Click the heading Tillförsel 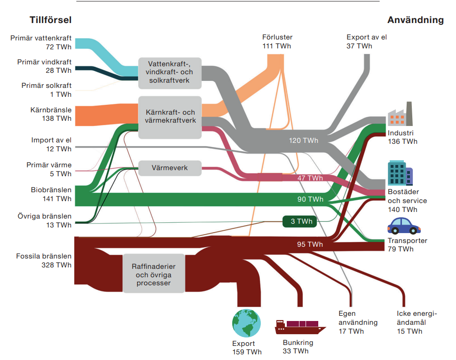point(50,20)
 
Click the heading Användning point(415,20)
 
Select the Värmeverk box point(170,168)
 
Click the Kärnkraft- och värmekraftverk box point(170,117)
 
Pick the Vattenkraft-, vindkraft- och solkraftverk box point(170,73)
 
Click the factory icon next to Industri point(399,114)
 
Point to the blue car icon point(404,226)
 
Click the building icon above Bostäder point(400,173)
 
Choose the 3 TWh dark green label point(299,221)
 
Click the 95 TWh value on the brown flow point(310,244)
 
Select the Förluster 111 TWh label point(277,41)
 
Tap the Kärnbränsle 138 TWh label point(56,114)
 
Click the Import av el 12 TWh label point(51,144)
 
